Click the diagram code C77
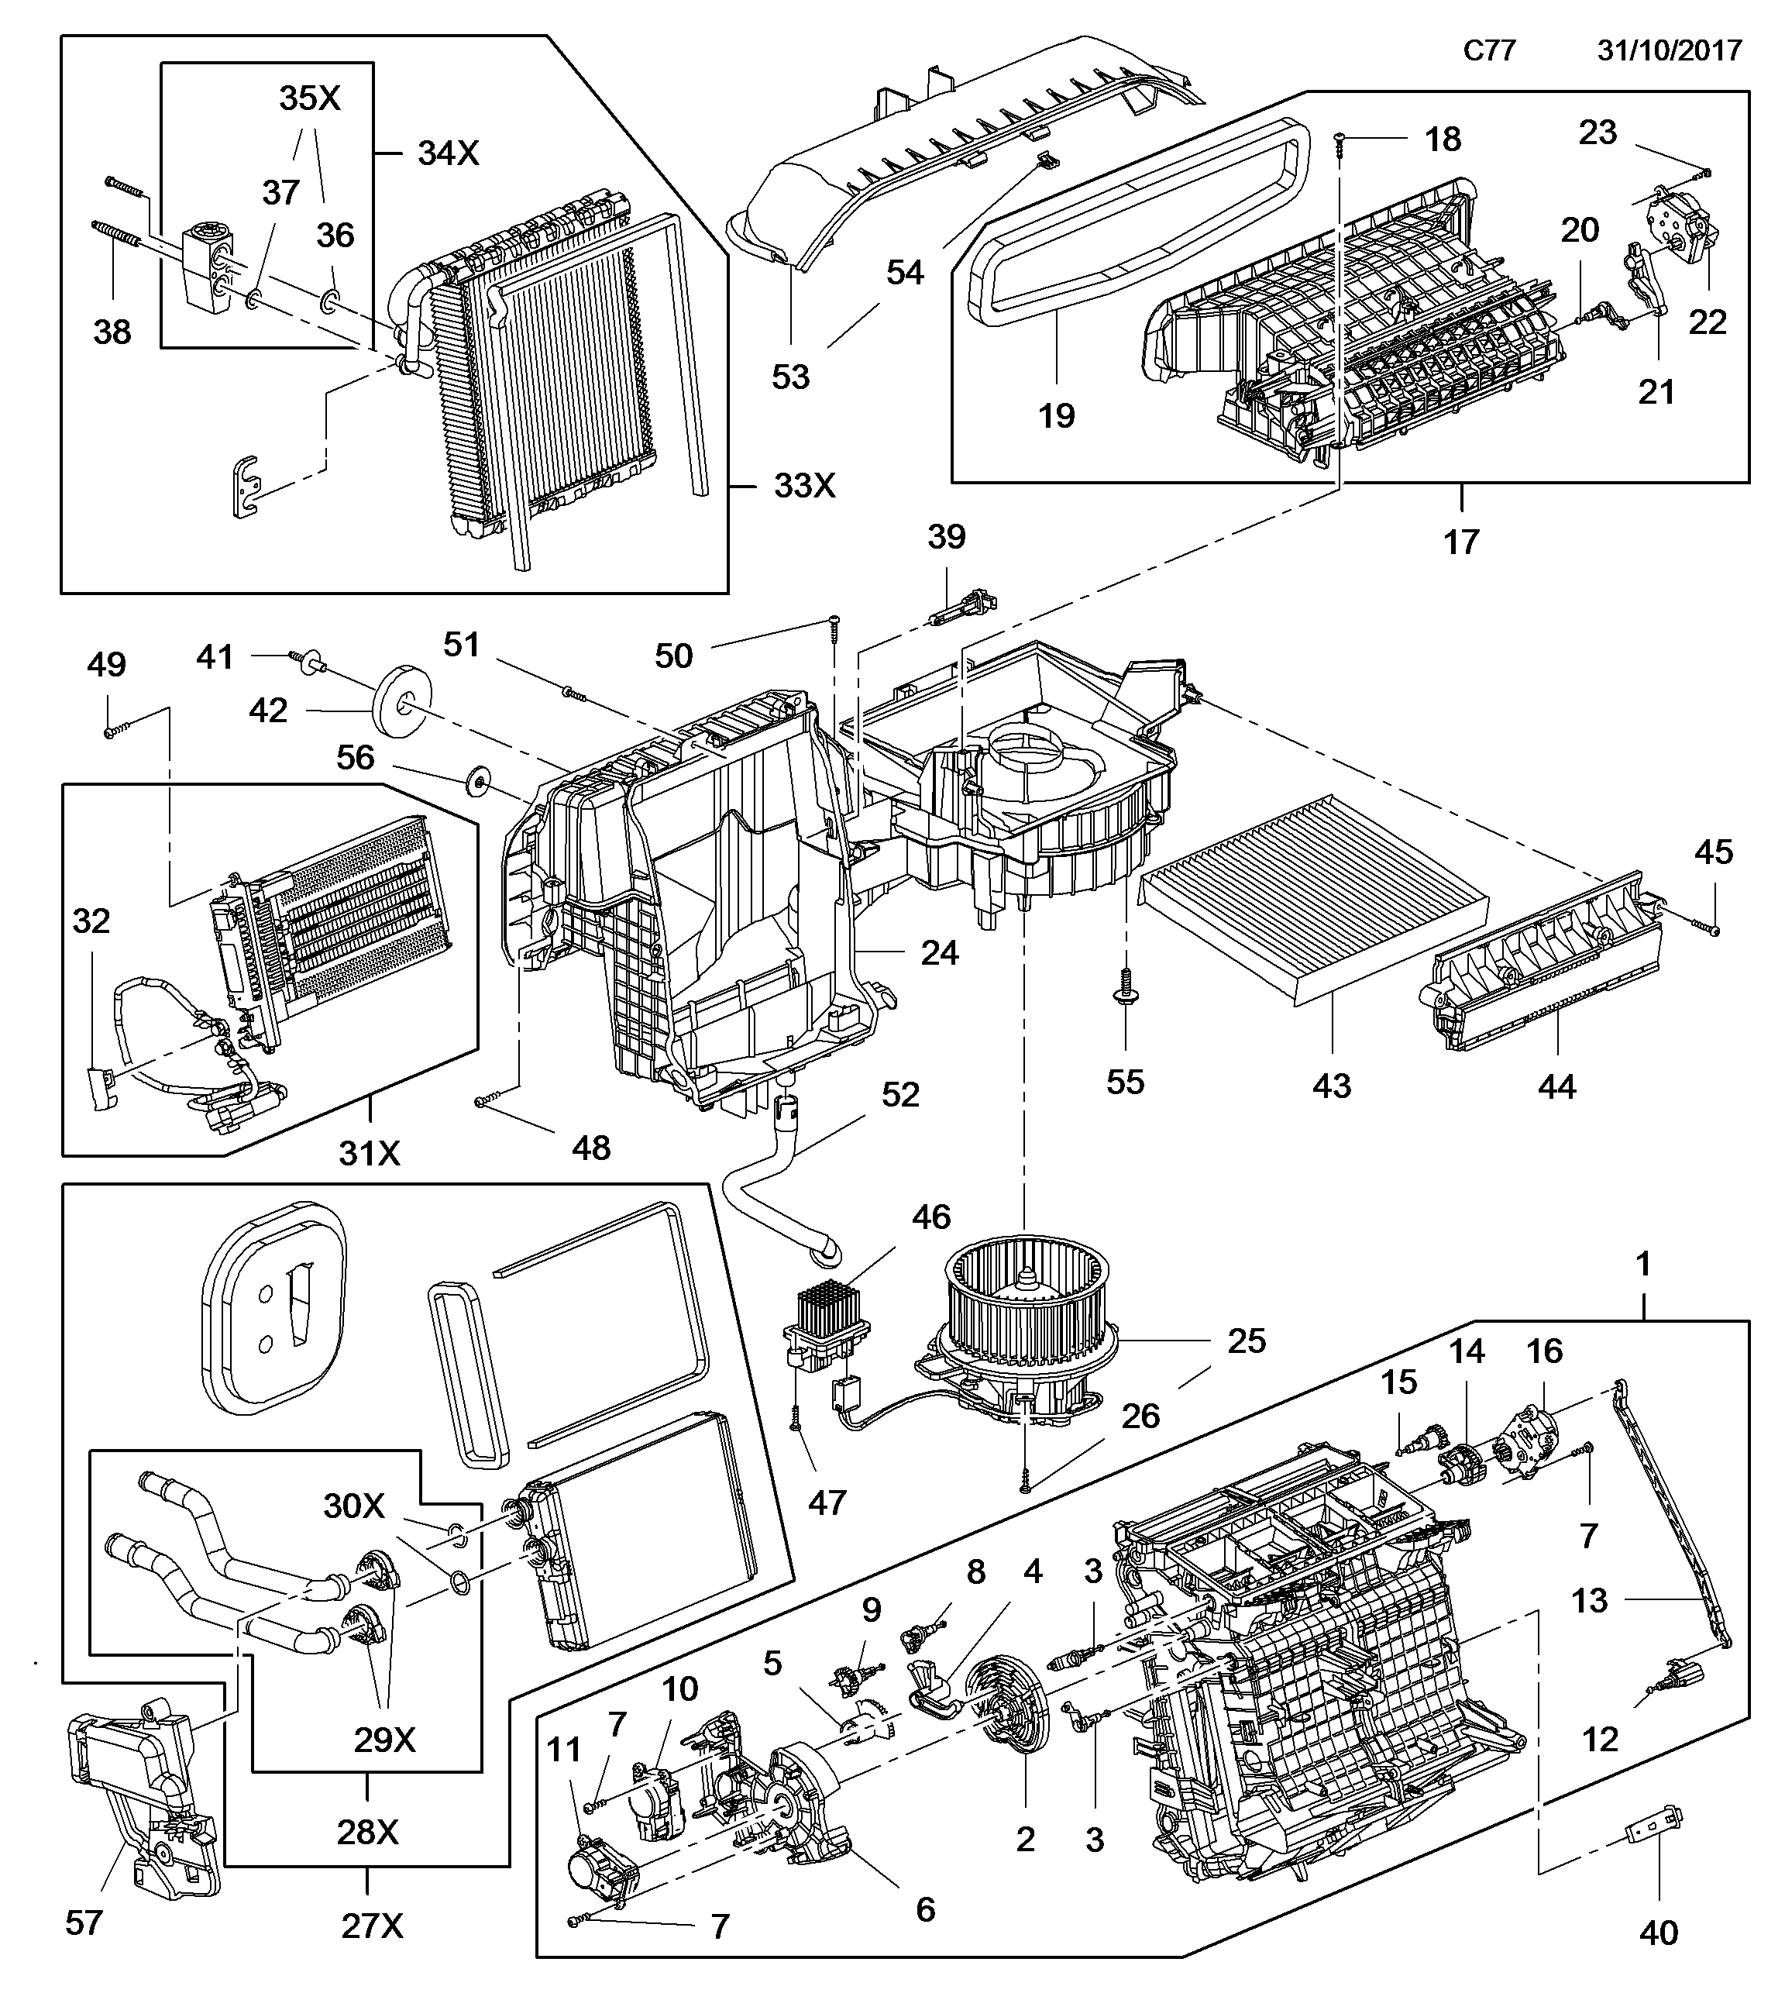[x=1489, y=51]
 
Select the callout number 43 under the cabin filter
[x=1331, y=1086]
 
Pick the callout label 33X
[x=804, y=486]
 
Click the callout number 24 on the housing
[x=938, y=952]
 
